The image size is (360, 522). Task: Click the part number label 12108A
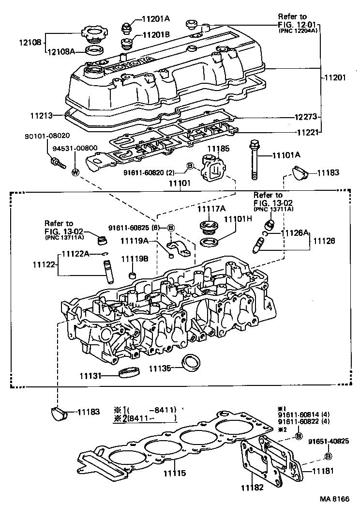click(62, 50)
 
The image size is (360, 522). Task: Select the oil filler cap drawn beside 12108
click(94, 35)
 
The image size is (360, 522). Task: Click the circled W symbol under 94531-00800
click(75, 172)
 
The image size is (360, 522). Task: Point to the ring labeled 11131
click(128, 373)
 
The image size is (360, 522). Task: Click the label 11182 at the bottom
click(251, 487)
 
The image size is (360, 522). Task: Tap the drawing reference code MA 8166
click(334, 499)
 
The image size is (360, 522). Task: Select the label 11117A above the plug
click(211, 209)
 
